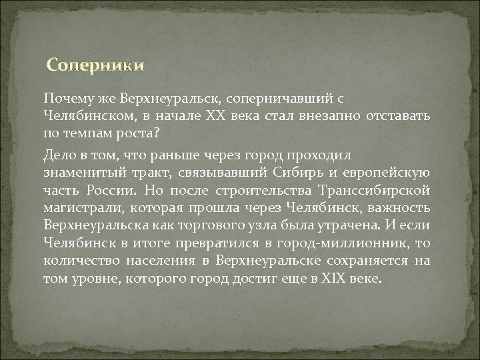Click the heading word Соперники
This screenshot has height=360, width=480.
94,65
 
